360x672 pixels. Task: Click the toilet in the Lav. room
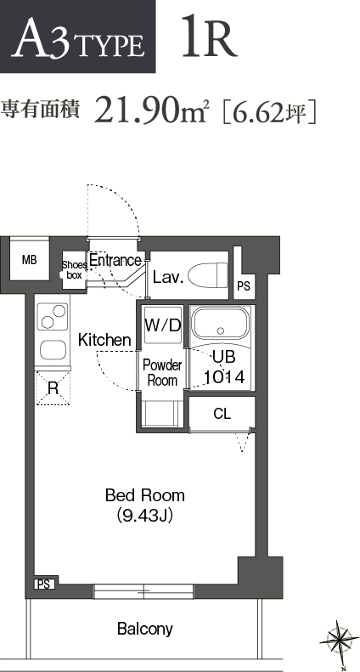click(x=208, y=275)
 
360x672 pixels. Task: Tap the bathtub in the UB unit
click(x=220, y=324)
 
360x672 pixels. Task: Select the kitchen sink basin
click(x=53, y=350)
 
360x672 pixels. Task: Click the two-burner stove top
click(x=53, y=317)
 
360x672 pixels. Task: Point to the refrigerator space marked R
click(x=53, y=388)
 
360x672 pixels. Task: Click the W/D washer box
click(x=163, y=325)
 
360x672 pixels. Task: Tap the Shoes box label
click(x=74, y=270)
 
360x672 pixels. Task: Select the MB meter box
click(x=29, y=260)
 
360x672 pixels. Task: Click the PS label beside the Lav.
click(x=244, y=285)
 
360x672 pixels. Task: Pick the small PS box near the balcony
click(x=44, y=584)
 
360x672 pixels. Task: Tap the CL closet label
click(x=222, y=414)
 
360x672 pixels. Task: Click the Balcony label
click(x=145, y=629)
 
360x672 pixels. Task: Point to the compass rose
click(x=340, y=641)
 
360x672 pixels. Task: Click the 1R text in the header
click(x=209, y=37)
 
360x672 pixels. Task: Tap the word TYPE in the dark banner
click(x=109, y=46)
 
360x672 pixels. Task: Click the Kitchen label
click(x=104, y=341)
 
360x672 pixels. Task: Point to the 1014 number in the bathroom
click(x=224, y=377)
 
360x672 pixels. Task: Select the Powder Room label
click(x=162, y=373)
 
